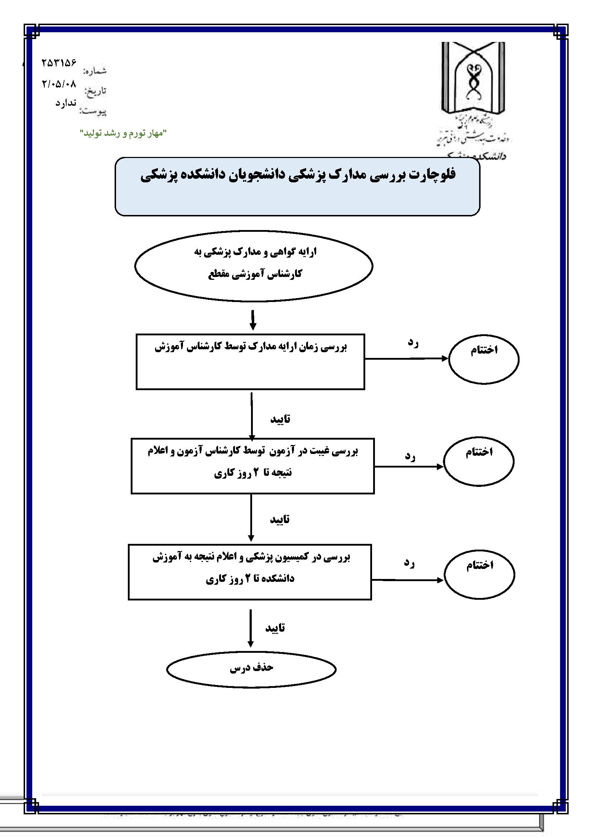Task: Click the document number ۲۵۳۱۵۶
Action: coord(58,63)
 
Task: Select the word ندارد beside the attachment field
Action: coord(66,103)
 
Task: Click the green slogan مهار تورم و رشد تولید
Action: coord(123,133)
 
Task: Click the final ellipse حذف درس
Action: coord(251,669)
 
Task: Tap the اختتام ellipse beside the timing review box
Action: coord(483,359)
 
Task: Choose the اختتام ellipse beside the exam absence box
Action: coord(478,461)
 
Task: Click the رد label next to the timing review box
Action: coord(413,343)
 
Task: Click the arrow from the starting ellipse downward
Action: coord(253,320)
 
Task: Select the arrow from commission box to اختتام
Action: coord(407,580)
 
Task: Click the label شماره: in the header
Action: coord(95,71)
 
